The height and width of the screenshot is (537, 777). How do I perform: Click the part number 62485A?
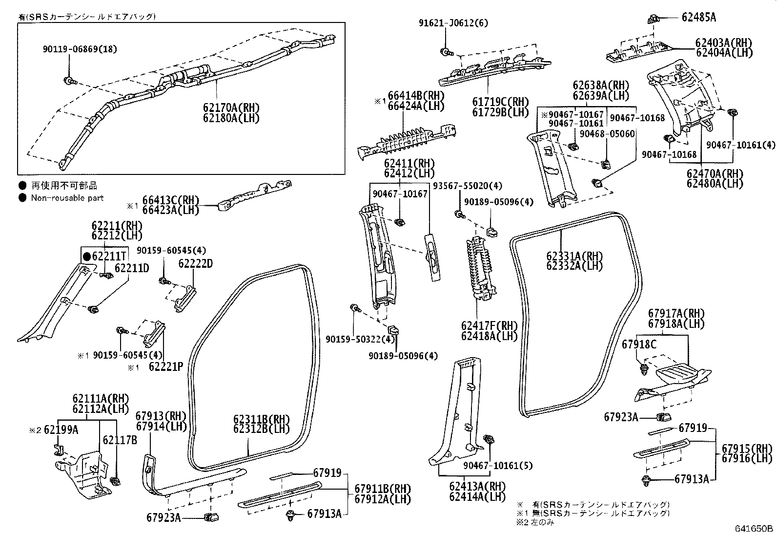click(x=698, y=17)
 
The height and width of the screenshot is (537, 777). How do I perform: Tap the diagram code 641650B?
click(x=754, y=529)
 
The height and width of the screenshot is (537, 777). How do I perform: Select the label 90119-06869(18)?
click(x=80, y=49)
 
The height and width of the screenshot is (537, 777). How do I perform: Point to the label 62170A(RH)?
click(x=231, y=107)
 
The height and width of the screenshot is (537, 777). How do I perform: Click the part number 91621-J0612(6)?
click(x=453, y=23)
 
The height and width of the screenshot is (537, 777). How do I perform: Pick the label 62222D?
click(x=196, y=264)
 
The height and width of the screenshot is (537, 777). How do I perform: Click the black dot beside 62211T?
click(x=87, y=257)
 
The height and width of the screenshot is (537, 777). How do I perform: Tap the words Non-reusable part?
click(x=67, y=198)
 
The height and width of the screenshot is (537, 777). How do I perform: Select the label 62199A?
click(x=61, y=430)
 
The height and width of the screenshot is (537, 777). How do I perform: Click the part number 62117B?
click(x=120, y=440)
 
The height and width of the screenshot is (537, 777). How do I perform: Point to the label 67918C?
click(x=639, y=344)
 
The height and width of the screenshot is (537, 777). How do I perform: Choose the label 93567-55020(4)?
click(x=467, y=186)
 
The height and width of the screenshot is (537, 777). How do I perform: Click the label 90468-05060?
click(x=607, y=134)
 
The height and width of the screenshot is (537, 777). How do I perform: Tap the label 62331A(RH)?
click(x=574, y=256)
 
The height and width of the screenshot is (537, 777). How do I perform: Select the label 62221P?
click(x=166, y=366)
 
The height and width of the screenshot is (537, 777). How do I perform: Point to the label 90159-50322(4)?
click(x=360, y=339)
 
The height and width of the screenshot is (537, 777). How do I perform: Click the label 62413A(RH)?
click(x=477, y=486)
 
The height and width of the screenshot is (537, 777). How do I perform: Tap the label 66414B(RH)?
click(x=416, y=95)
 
